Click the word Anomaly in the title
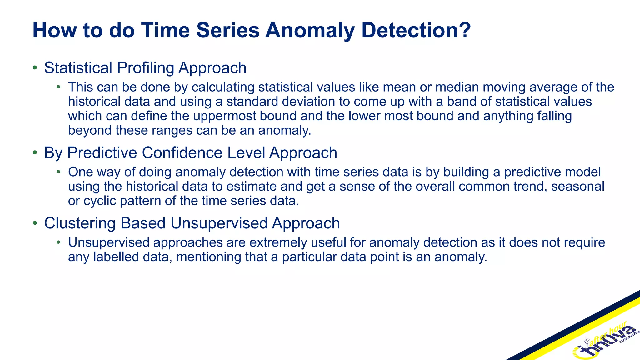(x=310, y=30)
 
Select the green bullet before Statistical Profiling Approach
(x=35, y=68)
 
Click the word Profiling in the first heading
(x=145, y=68)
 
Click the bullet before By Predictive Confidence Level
(x=35, y=153)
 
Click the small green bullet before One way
(x=58, y=172)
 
